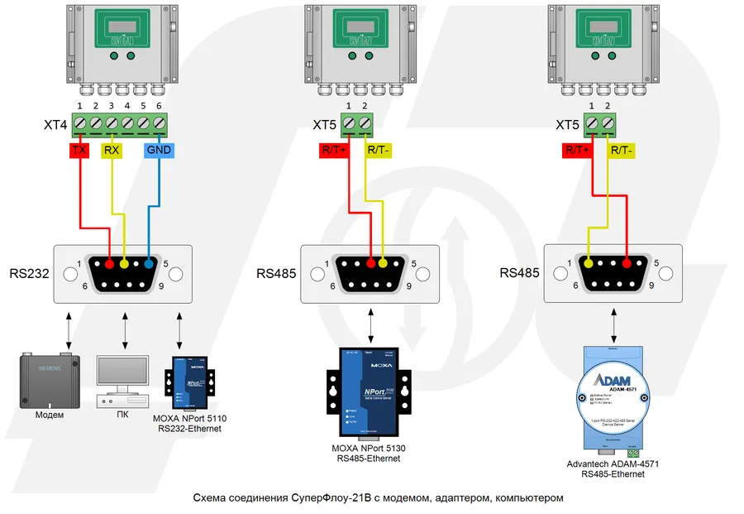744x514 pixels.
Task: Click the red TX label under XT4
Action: [x=79, y=151]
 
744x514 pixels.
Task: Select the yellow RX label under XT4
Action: [x=111, y=151]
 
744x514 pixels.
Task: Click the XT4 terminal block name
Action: [x=56, y=125]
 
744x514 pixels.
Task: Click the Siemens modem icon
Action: [x=49, y=380]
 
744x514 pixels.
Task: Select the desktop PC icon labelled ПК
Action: [x=124, y=382]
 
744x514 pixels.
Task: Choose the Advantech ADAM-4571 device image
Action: [x=613, y=398]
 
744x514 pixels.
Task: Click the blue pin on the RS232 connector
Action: [x=148, y=264]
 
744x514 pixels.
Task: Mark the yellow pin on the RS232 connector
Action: [x=124, y=264]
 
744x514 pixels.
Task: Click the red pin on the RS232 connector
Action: [x=109, y=264]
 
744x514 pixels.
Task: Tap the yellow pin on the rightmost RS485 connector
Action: [x=589, y=264]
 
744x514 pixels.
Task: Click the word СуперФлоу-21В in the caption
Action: [x=323, y=498]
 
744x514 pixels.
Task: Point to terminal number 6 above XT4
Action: [x=160, y=107]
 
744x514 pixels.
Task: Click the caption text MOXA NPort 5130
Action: [x=370, y=448]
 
